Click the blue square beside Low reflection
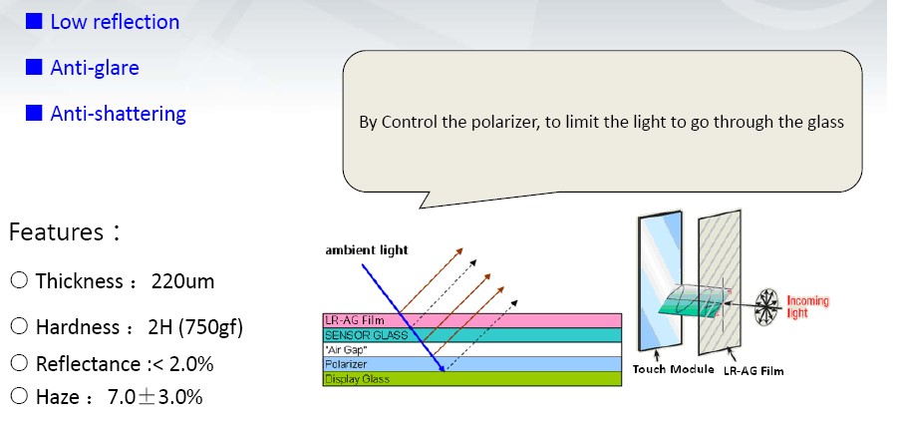(34, 21)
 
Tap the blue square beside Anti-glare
(34, 67)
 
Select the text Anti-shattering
(119, 114)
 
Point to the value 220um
(183, 281)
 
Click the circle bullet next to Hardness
(19, 326)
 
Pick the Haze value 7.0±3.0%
(154, 397)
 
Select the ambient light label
(367, 250)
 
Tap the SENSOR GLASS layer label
(366, 335)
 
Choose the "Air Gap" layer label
(345, 349)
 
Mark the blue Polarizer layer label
(345, 364)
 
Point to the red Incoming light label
(807, 307)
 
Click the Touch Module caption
(673, 369)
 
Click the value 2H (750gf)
(195, 327)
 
